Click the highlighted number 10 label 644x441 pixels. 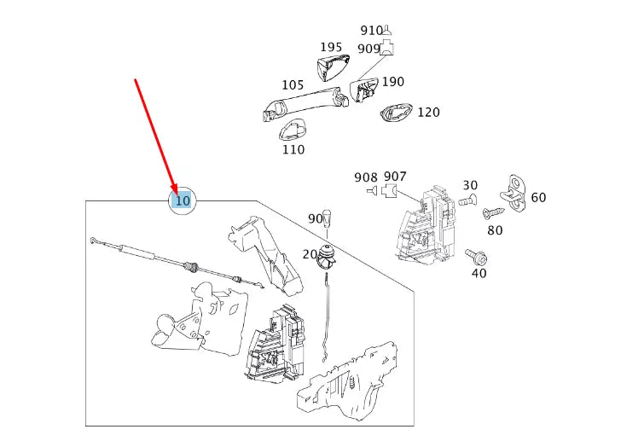(x=182, y=201)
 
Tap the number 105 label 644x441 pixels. (x=293, y=85)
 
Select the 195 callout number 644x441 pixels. (x=331, y=48)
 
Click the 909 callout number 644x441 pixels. (x=368, y=49)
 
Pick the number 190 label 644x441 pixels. (x=393, y=82)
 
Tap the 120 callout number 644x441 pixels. (x=428, y=113)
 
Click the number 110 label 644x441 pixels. (x=293, y=150)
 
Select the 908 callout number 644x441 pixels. (x=366, y=177)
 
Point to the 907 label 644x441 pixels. (x=395, y=177)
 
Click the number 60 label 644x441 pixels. (x=538, y=198)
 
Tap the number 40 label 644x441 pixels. (x=479, y=274)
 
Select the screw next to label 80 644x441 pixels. (x=492, y=212)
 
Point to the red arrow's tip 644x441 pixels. (x=177, y=193)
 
